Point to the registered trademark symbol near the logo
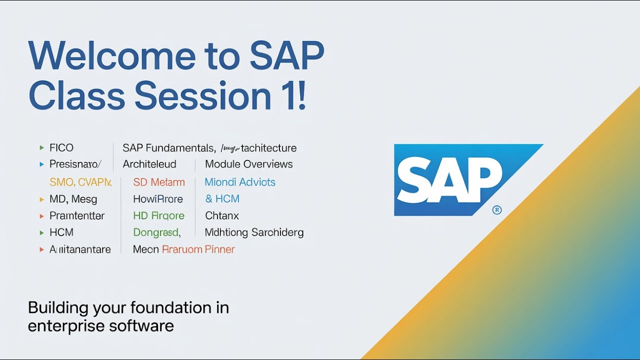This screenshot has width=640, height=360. point(497,210)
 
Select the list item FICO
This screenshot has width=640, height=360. point(61,148)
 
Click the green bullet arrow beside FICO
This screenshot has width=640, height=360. point(41,148)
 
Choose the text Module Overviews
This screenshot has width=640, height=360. point(249,164)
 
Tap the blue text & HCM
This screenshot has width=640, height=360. point(222,199)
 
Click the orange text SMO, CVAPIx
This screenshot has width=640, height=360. point(80,182)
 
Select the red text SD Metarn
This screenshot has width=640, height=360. point(159,182)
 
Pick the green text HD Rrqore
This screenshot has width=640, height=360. point(159,216)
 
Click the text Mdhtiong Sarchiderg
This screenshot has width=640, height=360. point(254,232)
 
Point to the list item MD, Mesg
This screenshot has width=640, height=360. point(73,199)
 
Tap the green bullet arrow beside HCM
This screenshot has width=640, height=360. point(41,233)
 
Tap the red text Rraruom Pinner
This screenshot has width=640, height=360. point(198,249)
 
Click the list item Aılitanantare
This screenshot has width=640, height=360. point(80,249)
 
